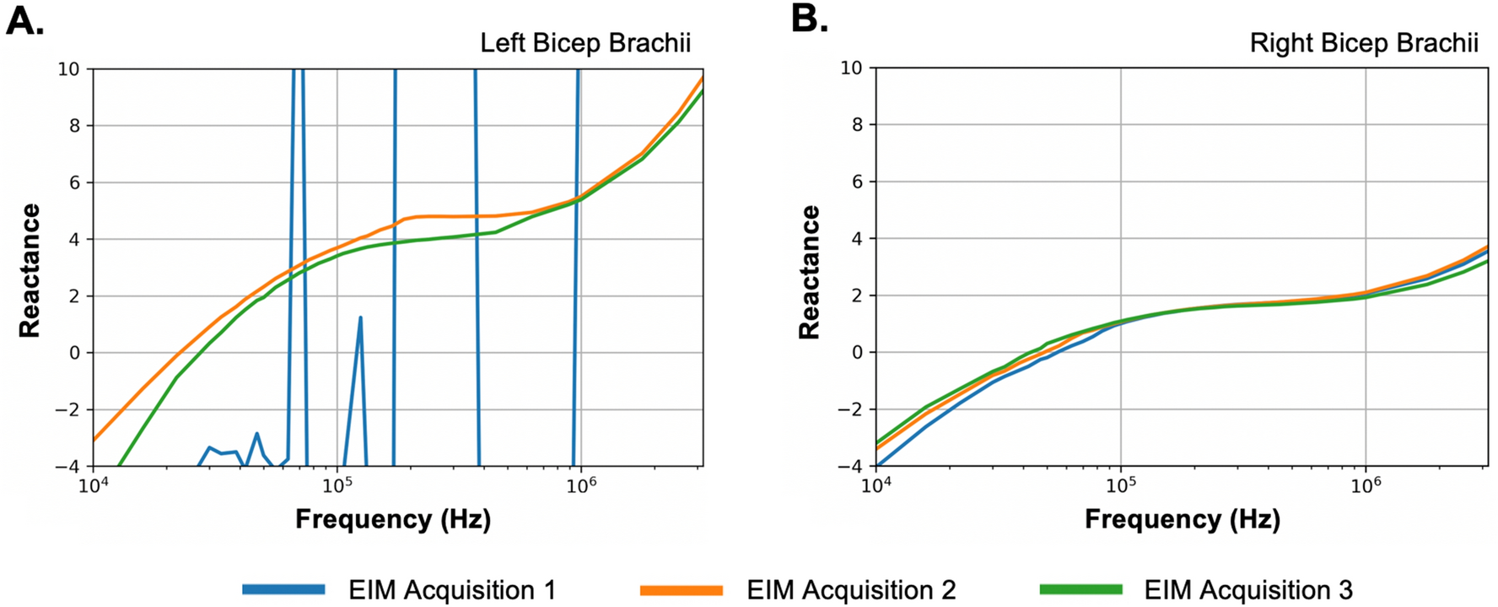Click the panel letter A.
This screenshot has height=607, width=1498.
[24, 21]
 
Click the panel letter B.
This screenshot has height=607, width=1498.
[809, 19]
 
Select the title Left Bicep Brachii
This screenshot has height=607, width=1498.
[585, 43]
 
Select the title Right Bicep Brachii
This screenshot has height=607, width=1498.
[1364, 43]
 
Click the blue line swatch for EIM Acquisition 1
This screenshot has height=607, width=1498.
[283, 589]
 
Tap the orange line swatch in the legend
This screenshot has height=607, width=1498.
[682, 589]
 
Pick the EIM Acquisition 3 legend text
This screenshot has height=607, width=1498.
[1247, 589]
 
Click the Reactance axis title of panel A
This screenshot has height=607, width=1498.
[30, 270]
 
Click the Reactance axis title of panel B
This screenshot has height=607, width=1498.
[810, 270]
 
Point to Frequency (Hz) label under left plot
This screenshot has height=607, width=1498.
[393, 518]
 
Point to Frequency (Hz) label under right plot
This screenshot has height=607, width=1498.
[1182, 518]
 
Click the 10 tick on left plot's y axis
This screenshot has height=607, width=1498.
[68, 69]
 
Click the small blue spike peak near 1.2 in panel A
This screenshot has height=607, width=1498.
[360, 318]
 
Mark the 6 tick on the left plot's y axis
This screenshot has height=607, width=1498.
[74, 182]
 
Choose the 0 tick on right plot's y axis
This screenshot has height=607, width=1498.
[857, 352]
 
